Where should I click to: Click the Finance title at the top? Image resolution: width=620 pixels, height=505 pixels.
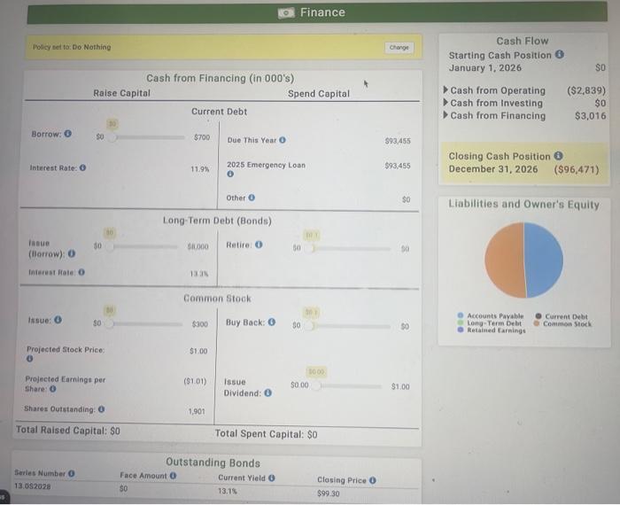(x=322, y=12)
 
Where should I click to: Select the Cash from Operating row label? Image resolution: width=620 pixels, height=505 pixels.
(x=498, y=90)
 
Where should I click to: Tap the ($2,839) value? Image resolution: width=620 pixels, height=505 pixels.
(x=586, y=90)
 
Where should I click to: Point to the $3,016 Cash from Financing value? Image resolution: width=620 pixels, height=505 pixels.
(x=590, y=115)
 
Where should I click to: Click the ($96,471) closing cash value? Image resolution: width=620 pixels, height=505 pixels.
(x=577, y=169)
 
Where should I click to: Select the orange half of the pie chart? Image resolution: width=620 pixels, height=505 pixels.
(x=504, y=260)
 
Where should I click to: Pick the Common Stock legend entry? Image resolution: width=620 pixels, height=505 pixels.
(x=569, y=323)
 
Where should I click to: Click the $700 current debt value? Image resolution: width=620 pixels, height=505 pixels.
(x=202, y=138)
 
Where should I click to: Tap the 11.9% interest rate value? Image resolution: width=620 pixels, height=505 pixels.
(x=200, y=168)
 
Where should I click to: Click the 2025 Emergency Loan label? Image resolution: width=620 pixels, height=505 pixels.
(x=266, y=165)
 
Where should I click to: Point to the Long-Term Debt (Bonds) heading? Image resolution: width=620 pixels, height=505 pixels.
(x=217, y=220)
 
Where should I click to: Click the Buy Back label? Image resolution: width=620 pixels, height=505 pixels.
(x=244, y=322)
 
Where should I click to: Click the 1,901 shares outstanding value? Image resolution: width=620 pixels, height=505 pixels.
(x=198, y=411)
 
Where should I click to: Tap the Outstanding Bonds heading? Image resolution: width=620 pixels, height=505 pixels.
(x=213, y=462)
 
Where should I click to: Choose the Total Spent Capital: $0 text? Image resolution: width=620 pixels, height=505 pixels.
(x=266, y=434)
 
